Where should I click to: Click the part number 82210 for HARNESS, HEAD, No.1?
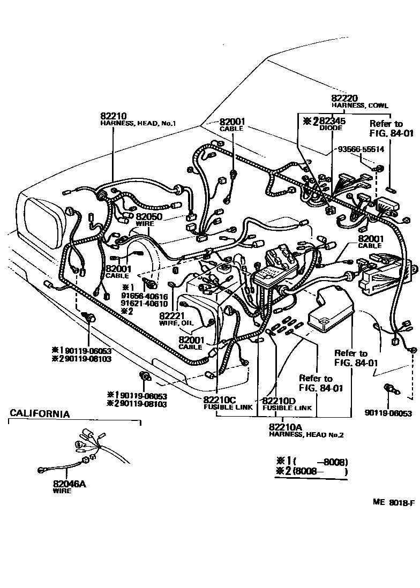point(111,116)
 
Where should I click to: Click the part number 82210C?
point(220,400)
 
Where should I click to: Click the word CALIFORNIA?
point(40,414)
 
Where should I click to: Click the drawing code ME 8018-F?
point(394,503)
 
